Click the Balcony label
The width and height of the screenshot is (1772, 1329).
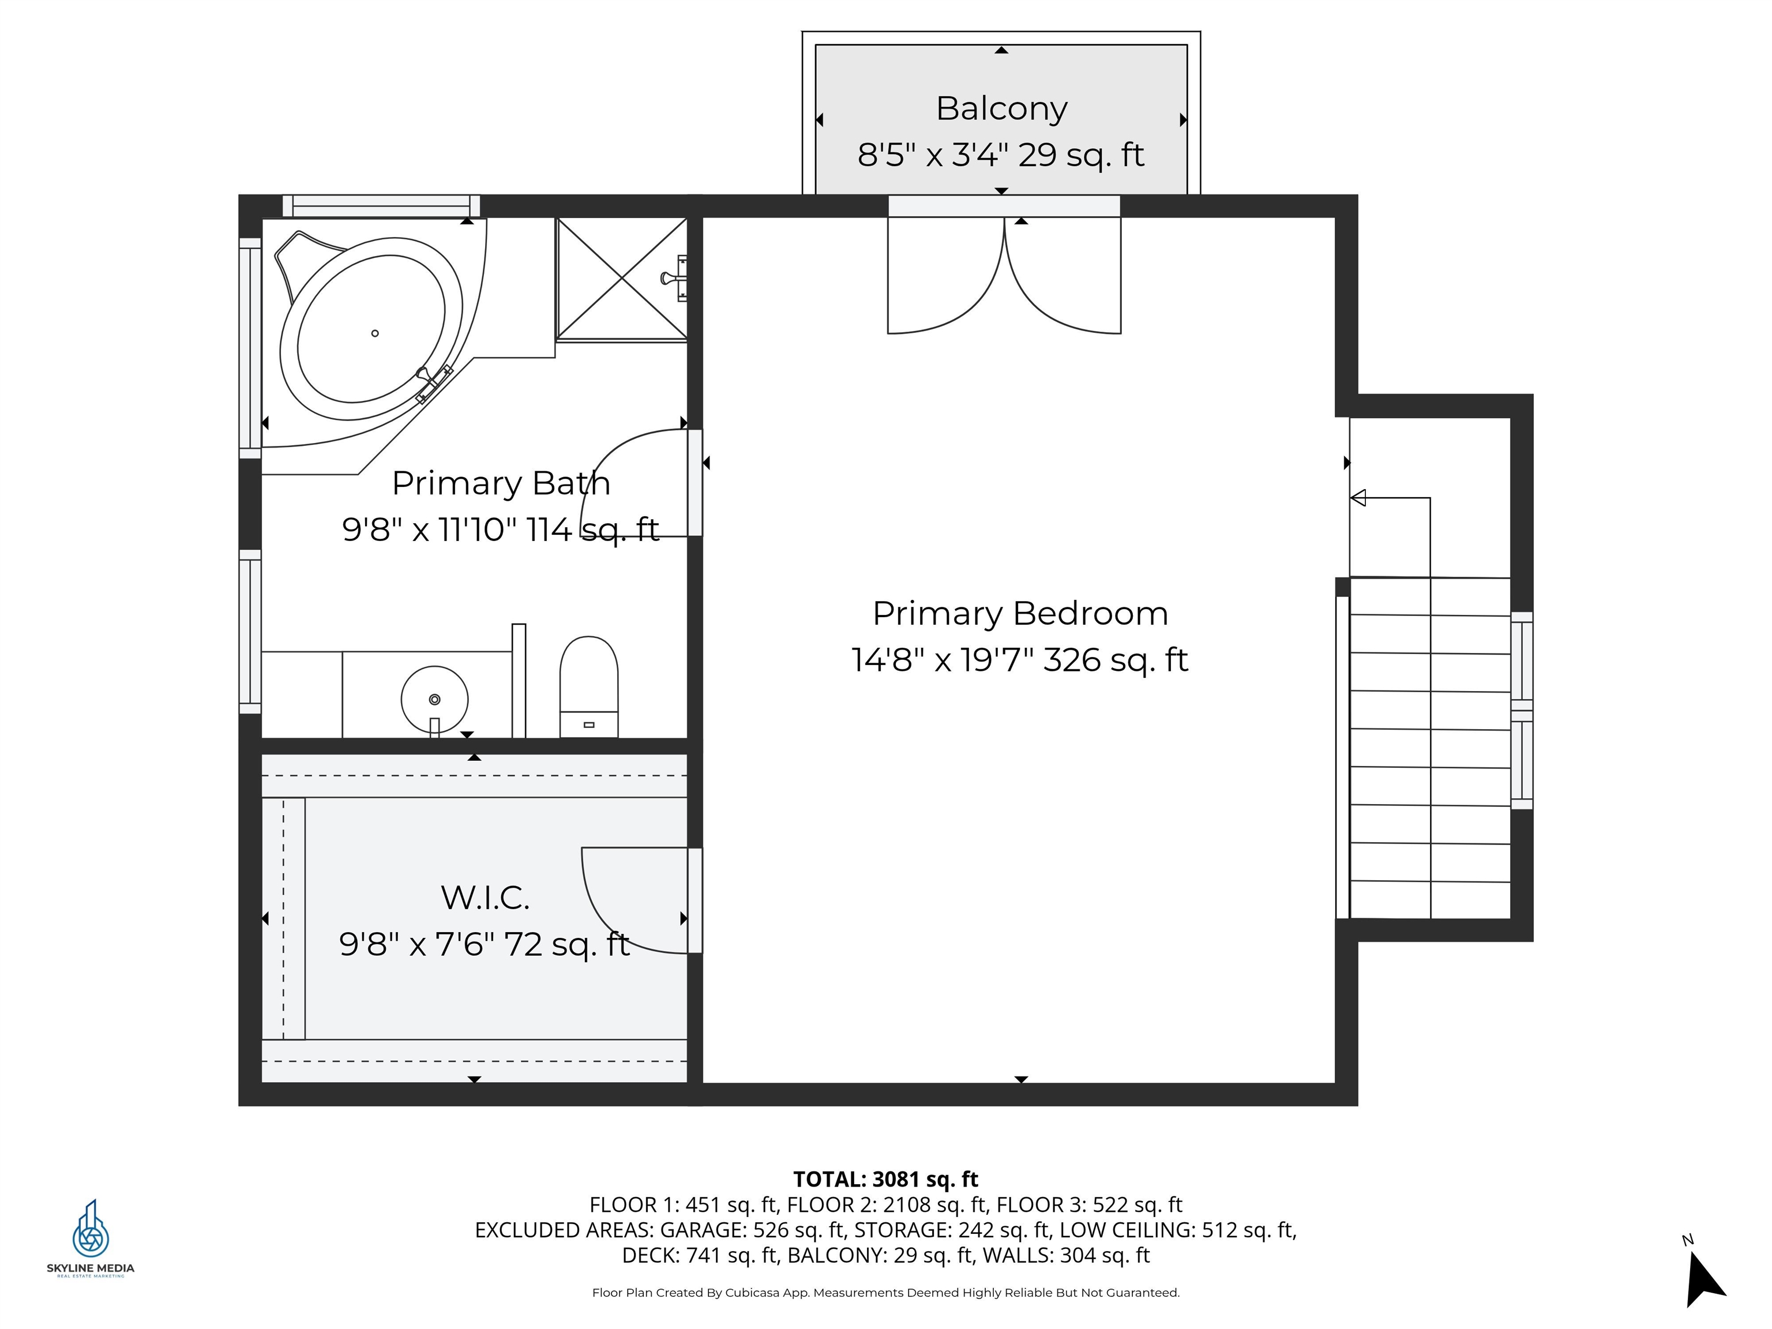click(x=1001, y=108)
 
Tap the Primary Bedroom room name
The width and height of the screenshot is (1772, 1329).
click(x=1020, y=614)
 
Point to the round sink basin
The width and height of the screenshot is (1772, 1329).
click(x=434, y=699)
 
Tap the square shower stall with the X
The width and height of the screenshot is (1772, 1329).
click(x=622, y=278)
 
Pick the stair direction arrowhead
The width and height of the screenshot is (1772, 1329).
click(x=1358, y=498)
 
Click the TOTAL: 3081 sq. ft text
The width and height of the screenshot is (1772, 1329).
click(x=885, y=1179)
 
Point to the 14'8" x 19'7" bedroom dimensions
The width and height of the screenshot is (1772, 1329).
click(x=1020, y=660)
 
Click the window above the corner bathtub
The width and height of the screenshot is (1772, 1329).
click(x=381, y=206)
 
